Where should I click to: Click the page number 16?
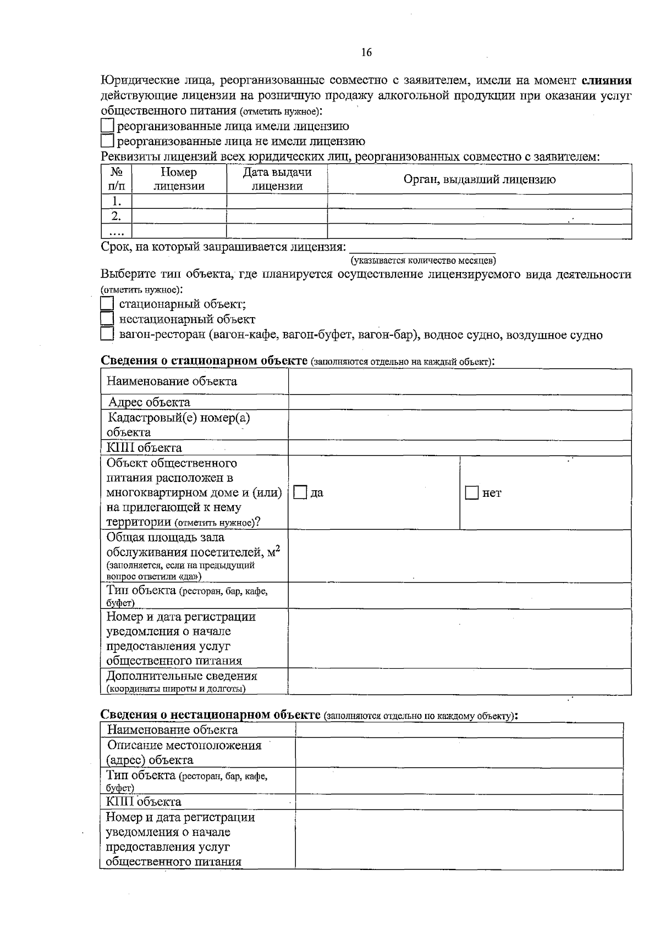[x=366, y=53]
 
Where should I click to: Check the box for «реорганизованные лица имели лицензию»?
[x=107, y=126]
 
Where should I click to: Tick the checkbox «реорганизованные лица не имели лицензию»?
[x=107, y=142]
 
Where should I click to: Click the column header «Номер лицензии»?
[x=179, y=179]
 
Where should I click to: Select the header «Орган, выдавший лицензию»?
[x=479, y=179]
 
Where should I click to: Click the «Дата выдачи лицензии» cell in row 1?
[x=277, y=201]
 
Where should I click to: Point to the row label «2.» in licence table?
[x=116, y=216]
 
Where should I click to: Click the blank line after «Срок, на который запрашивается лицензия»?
[x=422, y=247]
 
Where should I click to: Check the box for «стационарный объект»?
[x=107, y=304]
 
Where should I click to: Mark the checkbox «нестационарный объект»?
[x=107, y=319]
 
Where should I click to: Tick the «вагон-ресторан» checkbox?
[x=107, y=334]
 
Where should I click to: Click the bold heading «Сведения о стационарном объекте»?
[x=204, y=361]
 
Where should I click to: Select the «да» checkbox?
[x=300, y=493]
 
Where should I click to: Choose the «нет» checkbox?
[x=472, y=493]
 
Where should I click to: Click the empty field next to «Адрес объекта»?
[x=459, y=402]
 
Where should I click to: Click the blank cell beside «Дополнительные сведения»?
[x=459, y=681]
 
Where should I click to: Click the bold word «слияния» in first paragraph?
[x=607, y=81]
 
